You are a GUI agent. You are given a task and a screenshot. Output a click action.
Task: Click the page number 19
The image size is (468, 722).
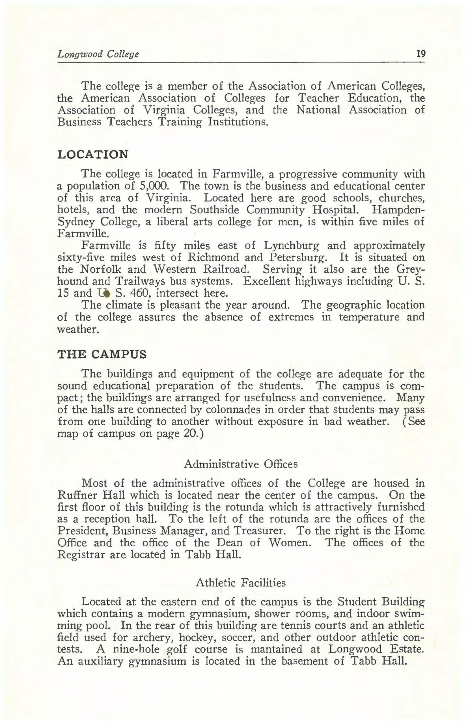[x=421, y=54]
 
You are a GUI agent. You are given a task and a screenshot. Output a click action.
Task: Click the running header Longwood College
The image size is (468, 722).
[x=98, y=55]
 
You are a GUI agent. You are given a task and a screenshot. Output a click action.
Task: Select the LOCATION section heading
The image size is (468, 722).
[x=92, y=155]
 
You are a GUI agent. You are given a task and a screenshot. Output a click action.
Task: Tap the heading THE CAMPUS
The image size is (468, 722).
[x=102, y=354]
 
